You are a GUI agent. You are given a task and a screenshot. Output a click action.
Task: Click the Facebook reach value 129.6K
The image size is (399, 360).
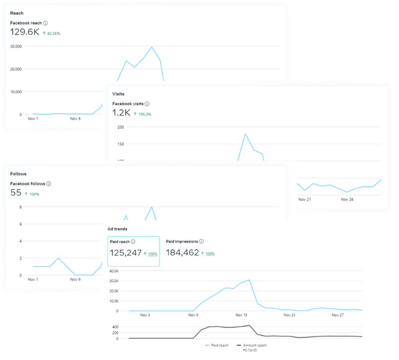pos(25,32)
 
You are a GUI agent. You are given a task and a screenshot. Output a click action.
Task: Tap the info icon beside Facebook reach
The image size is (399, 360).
pos(45,23)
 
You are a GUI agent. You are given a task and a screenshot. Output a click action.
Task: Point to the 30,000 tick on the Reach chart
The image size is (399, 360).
pos(16,46)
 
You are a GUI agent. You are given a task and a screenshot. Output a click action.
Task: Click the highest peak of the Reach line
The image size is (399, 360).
pos(152,47)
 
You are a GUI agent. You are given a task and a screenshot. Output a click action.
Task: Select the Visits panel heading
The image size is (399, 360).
pos(118,94)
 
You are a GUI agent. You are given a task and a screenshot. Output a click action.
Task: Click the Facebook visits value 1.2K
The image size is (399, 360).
pos(121,113)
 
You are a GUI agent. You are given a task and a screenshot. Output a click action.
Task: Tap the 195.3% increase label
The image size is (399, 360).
pos(145,115)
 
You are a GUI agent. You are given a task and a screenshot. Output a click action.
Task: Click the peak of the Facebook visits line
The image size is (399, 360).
pos(245,134)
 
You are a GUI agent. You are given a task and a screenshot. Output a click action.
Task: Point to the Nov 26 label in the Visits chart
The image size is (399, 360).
pos(347,199)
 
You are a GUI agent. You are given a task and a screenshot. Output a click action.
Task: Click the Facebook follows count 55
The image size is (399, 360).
pos(16,193)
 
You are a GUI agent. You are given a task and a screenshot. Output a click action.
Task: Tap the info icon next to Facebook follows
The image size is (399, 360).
pos(49,184)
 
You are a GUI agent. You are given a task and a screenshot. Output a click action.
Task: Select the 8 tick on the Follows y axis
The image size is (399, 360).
pos(21,207)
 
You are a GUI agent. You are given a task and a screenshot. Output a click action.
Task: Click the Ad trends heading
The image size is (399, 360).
pos(117,229)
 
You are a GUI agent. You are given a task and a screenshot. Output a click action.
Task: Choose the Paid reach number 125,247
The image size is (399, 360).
pos(126,253)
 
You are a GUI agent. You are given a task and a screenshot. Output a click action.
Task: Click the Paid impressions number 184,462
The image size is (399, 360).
pos(182,252)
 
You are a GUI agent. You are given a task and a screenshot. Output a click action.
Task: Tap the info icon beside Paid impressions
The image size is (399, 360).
pos(201,241)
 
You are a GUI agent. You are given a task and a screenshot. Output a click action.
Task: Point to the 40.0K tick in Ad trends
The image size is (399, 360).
pos(114,271)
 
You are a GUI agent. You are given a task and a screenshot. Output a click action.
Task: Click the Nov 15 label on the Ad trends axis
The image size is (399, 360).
pos(241,315)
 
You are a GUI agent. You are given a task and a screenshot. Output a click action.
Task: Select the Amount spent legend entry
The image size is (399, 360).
pos(252,346)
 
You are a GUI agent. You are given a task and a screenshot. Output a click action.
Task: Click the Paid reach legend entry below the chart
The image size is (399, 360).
pos(217,346)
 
